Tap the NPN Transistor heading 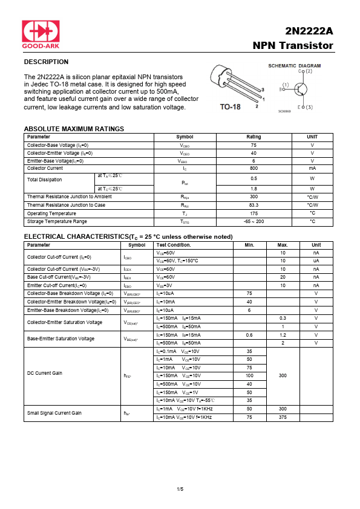pyautogui.click(x=293, y=46)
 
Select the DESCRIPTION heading pyautogui.click(x=46, y=62)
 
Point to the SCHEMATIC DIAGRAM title pyautogui.click(x=294, y=65)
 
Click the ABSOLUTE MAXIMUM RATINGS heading pyautogui.click(x=74, y=129)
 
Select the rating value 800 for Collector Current pyautogui.click(x=254, y=168)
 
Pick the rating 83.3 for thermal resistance pyautogui.click(x=254, y=205)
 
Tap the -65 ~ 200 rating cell pyautogui.click(x=254, y=222)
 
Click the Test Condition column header pyautogui.click(x=174, y=245)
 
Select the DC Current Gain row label pyautogui.click(x=45, y=373)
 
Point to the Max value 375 pyautogui.click(x=283, y=417)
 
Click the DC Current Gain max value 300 pyautogui.click(x=283, y=375)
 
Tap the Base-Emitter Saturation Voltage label pyautogui.click(x=61, y=339)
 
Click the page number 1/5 pyautogui.click(x=180, y=488)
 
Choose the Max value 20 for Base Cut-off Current pyautogui.click(x=283, y=277)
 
